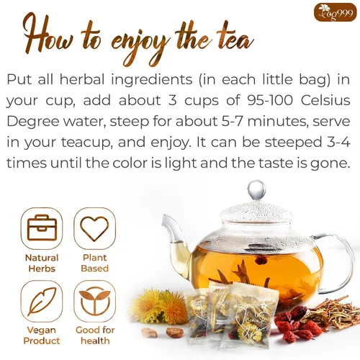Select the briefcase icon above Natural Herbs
42,228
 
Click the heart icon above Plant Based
94,228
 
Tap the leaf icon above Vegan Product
42,302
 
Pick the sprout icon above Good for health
94,302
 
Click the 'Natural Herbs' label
42,263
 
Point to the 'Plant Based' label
94,263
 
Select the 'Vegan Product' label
42,336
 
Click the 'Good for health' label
94,336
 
